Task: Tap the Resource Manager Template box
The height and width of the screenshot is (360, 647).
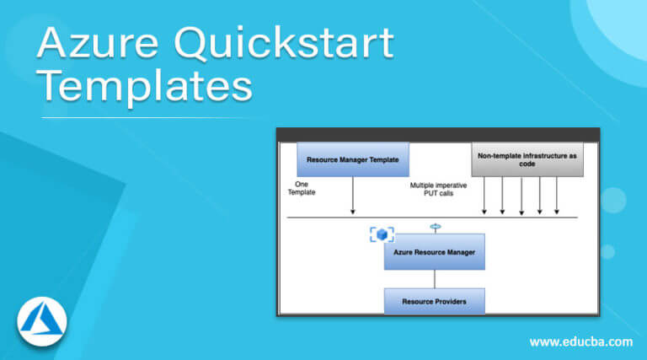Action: click(353, 159)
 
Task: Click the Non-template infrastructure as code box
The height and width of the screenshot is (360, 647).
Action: click(527, 159)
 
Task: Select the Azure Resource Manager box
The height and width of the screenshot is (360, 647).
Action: click(434, 252)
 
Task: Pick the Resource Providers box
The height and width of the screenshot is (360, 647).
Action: click(434, 300)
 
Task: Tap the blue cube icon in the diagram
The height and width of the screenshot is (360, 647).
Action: click(382, 234)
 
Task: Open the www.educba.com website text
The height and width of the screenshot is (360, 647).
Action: click(580, 341)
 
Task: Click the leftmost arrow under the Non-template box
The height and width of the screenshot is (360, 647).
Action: click(484, 196)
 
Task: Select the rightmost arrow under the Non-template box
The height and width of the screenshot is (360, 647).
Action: click(558, 196)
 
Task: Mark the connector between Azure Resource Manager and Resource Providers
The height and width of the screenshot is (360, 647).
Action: click(435, 279)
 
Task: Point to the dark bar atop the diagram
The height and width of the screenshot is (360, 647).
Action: click(438, 134)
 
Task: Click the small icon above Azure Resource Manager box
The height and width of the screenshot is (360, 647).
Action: click(435, 227)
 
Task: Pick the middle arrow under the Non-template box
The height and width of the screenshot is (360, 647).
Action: click(521, 196)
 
